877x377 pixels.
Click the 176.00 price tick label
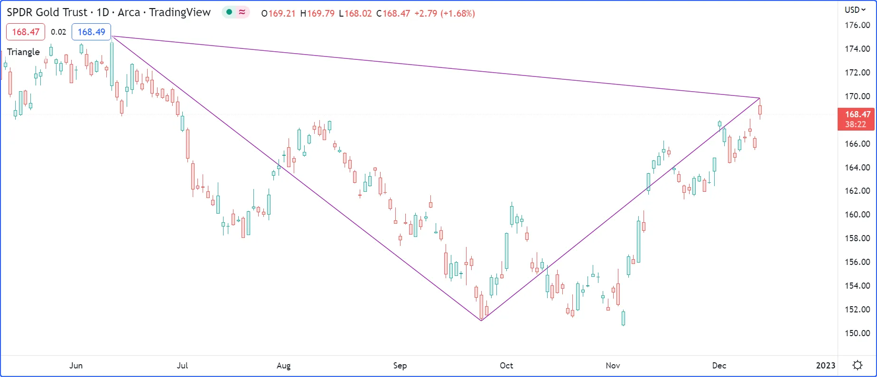[857, 25]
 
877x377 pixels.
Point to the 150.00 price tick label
[857, 333]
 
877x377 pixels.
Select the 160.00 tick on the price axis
[857, 215]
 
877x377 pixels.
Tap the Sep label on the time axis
[400, 365]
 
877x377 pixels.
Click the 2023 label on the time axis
[825, 365]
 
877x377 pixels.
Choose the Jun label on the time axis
[76, 365]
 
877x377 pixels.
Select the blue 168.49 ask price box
[91, 32]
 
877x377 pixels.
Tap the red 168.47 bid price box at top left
[26, 32]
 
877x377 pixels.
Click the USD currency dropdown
[855, 10]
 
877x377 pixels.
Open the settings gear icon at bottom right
[857, 365]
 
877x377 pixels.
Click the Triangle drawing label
[23, 52]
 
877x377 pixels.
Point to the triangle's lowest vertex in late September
[481, 320]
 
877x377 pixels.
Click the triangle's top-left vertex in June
[112, 36]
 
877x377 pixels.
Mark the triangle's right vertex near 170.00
[760, 98]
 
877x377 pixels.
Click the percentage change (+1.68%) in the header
[457, 13]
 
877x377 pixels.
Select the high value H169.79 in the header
[317, 13]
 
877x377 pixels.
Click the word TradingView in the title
[180, 12]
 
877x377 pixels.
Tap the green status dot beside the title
[229, 12]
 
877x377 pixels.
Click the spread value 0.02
[58, 32]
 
